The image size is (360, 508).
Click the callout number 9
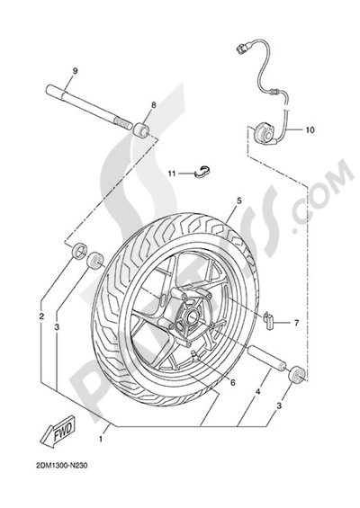click(76, 71)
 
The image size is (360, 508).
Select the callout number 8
click(152, 105)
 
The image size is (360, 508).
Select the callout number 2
click(41, 316)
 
